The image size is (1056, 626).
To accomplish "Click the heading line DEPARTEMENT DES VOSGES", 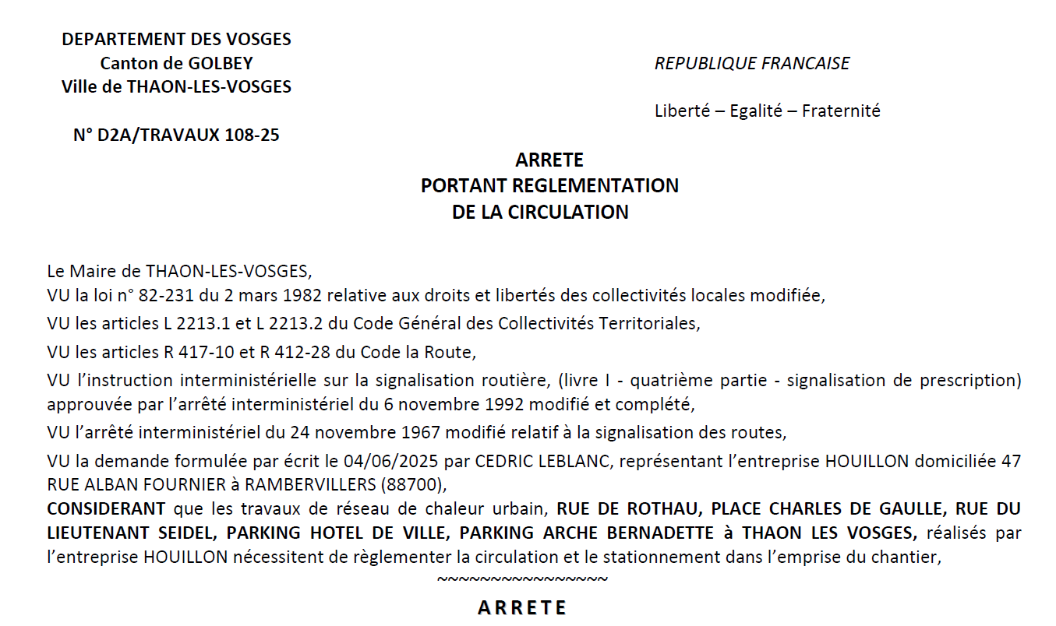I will pos(176,39).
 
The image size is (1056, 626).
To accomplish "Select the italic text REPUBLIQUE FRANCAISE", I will pos(752,63).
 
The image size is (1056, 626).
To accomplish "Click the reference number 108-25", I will pos(252,135).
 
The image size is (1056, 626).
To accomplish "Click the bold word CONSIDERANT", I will pos(106,509).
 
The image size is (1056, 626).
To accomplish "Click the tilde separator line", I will pos(522,579).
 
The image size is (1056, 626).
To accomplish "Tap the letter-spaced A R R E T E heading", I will pos(522,607).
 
